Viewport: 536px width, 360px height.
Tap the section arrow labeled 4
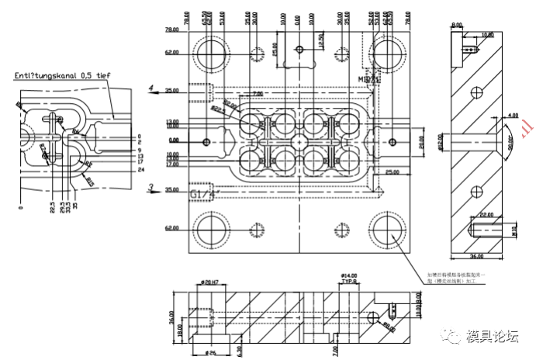[152, 87]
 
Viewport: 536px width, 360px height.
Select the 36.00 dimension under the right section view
[475, 255]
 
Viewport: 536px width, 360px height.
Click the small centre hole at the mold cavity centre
[298, 141]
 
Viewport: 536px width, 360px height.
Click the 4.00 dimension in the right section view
[512, 116]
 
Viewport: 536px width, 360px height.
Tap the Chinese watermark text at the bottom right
[492, 336]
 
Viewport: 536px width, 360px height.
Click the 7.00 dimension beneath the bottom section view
[334, 351]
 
